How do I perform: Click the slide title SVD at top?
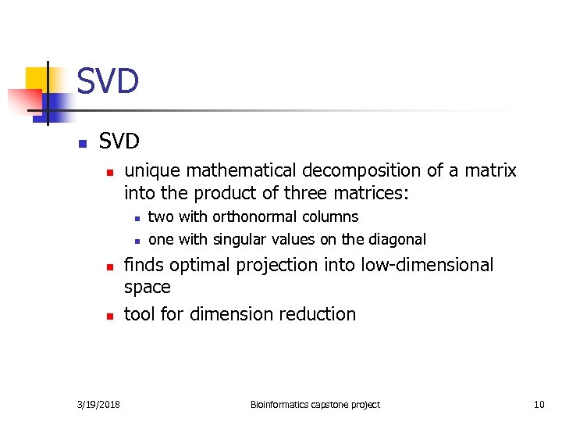click(x=108, y=81)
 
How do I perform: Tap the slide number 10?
click(x=539, y=404)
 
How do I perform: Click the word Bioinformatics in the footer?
click(x=280, y=404)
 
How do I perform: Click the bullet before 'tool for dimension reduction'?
click(x=110, y=316)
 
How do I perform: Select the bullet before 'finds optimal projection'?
click(x=110, y=267)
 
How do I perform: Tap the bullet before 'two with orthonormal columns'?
click(x=136, y=218)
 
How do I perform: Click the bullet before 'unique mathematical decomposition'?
click(x=110, y=172)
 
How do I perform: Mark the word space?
click(x=147, y=288)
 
